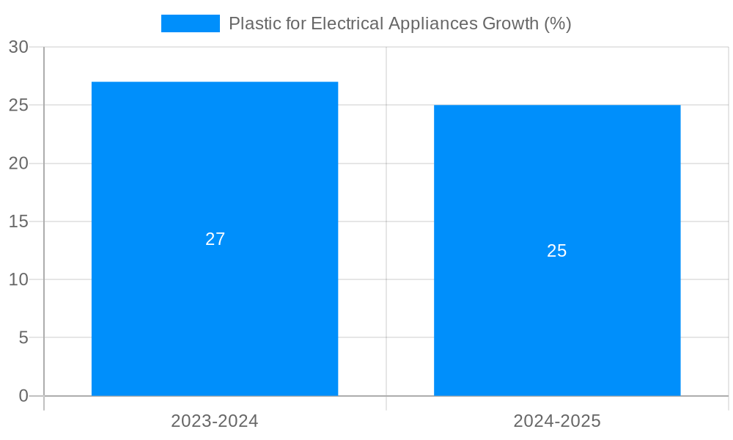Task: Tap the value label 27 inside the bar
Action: click(x=215, y=239)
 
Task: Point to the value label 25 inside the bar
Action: click(x=557, y=251)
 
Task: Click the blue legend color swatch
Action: click(x=190, y=23)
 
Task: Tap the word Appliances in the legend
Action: click(x=432, y=23)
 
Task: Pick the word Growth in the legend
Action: click(x=510, y=23)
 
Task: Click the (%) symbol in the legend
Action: click(x=557, y=23)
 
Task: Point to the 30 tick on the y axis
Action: click(x=18, y=47)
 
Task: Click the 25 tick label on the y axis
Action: click(x=18, y=105)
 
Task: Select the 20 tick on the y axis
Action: click(x=18, y=164)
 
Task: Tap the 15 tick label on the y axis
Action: click(x=18, y=221)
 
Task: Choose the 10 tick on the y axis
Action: click(x=18, y=279)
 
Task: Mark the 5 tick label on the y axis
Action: click(x=23, y=338)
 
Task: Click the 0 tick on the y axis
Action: click(x=23, y=396)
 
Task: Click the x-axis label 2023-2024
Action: click(x=215, y=421)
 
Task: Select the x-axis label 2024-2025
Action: click(x=557, y=421)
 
